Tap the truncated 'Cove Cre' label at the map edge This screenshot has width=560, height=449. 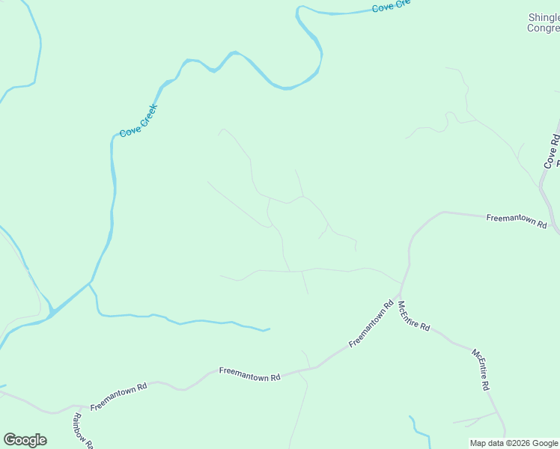pyautogui.click(x=392, y=6)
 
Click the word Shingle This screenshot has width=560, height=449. pyautogui.click(x=544, y=17)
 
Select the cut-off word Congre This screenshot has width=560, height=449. pyautogui.click(x=543, y=28)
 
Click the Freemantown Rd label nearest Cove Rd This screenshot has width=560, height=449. pyautogui.click(x=516, y=220)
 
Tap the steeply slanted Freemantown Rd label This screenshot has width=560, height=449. pyautogui.click(x=371, y=323)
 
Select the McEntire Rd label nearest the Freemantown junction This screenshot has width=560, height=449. pyautogui.click(x=413, y=316)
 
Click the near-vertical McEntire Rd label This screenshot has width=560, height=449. pyautogui.click(x=480, y=369)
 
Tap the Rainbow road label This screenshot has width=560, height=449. pyautogui.click(x=82, y=431)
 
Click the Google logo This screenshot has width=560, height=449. pyautogui.click(x=25, y=440)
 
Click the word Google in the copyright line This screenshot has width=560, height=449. pyautogui.click(x=546, y=443)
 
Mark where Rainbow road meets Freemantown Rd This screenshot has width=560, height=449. pyautogui.click(x=75, y=408)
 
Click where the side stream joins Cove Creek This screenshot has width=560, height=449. pyautogui.click(x=90, y=283)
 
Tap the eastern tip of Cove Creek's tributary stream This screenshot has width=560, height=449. pyautogui.click(x=270, y=329)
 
